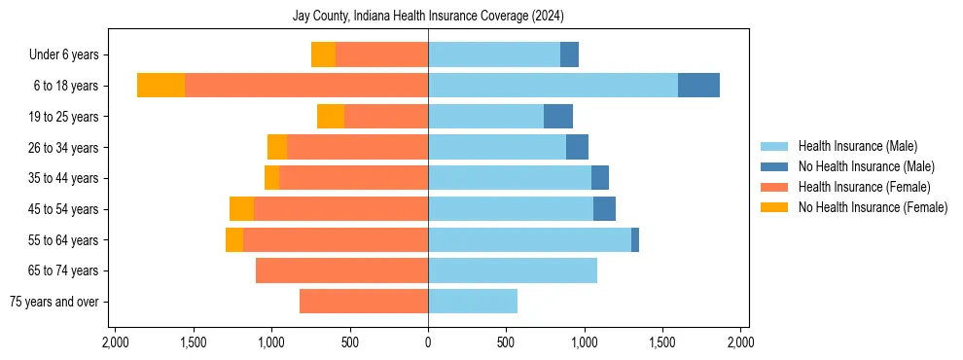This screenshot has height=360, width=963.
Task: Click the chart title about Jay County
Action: [x=428, y=17]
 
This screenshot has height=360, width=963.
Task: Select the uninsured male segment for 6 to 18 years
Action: [x=698, y=86]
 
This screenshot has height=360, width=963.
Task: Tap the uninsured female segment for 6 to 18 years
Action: [x=160, y=86]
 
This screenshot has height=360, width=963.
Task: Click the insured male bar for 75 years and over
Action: [x=473, y=302]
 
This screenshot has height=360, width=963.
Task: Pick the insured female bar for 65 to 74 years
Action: [x=341, y=270]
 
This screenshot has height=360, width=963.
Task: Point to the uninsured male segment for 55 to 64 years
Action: [x=635, y=239]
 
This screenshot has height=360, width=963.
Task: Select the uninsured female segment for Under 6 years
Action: [x=323, y=54]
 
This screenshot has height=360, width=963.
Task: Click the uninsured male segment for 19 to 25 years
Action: [x=558, y=117]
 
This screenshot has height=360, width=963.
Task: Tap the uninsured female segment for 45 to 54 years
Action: [x=241, y=209]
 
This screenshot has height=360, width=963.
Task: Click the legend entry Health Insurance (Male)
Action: [x=857, y=146]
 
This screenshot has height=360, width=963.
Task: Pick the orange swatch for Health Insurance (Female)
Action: [x=773, y=187]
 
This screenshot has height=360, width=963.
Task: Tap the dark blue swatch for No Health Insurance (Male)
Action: [x=773, y=166]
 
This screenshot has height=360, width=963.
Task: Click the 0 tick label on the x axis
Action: [x=428, y=342]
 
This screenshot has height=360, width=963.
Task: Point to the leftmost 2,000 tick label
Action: [x=115, y=342]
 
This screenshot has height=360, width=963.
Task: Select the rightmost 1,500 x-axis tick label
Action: [x=662, y=342]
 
